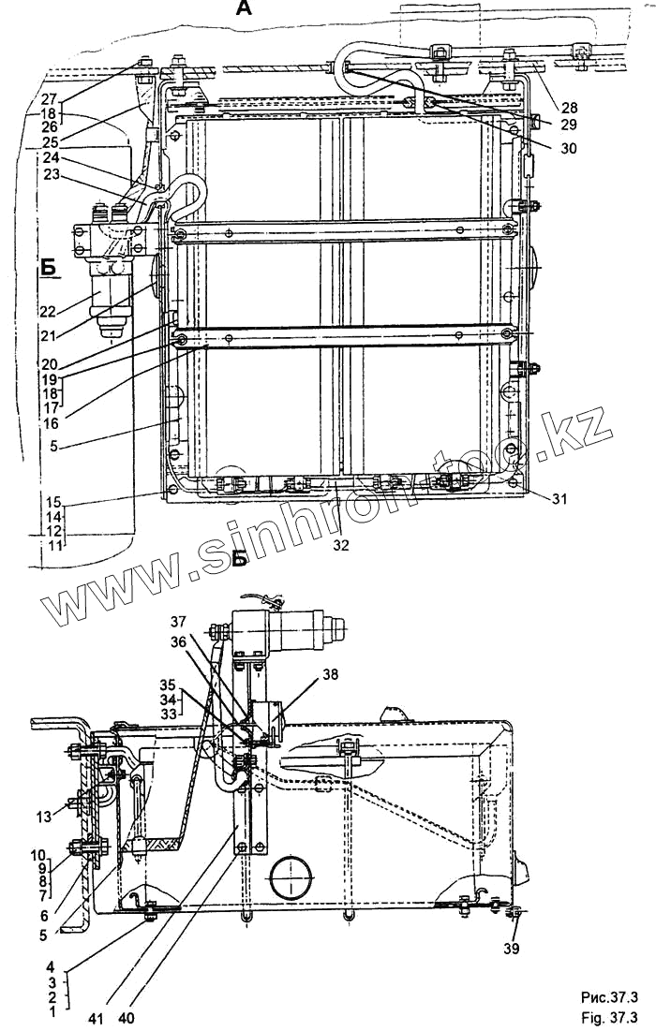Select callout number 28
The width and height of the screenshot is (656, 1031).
point(569,105)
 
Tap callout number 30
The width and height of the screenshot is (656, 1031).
point(569,148)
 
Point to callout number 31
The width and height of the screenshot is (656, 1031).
point(559,499)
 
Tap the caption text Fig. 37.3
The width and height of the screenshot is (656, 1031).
point(609,1017)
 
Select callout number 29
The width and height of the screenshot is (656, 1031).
point(569,125)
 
